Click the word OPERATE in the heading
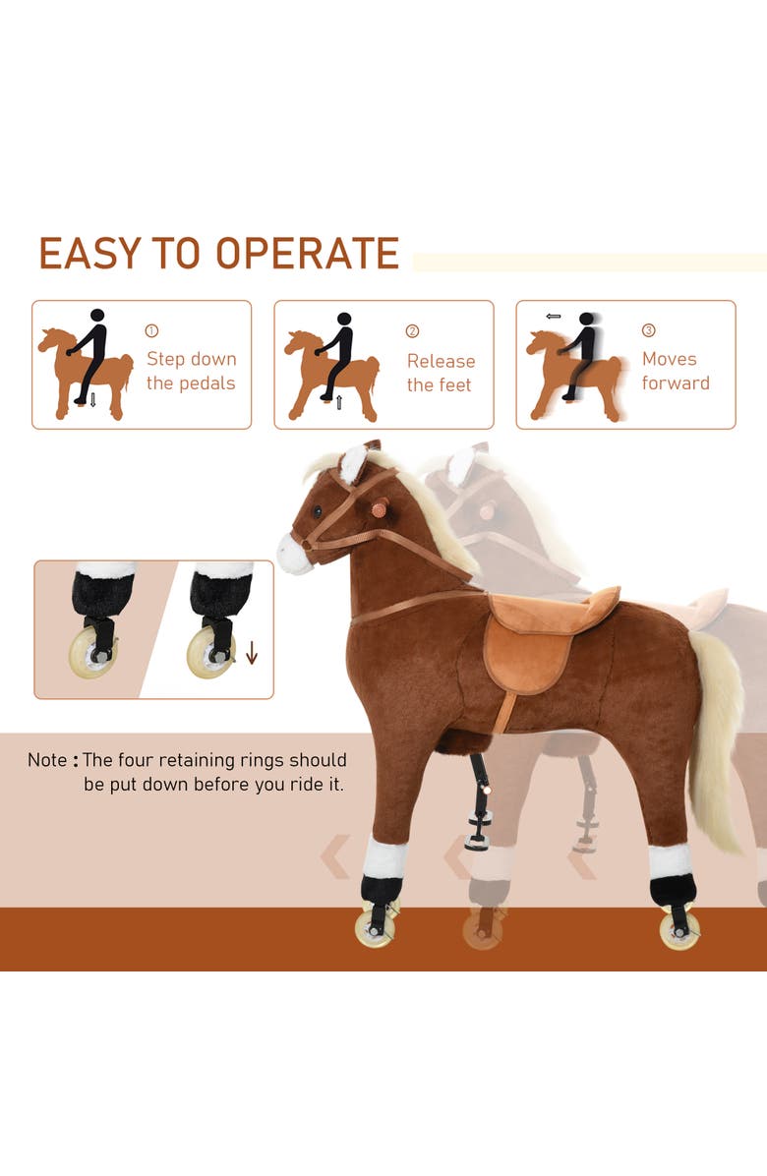pyautogui.click(x=308, y=254)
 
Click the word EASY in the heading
pyautogui.click(x=88, y=254)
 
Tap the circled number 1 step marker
pyautogui.click(x=151, y=331)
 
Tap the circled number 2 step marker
pyautogui.click(x=412, y=331)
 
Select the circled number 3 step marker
pyautogui.click(x=648, y=331)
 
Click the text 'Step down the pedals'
pyautogui.click(x=192, y=371)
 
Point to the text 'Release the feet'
pyautogui.click(x=441, y=373)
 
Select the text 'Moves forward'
pyautogui.click(x=676, y=371)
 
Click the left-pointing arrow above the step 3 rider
pyautogui.click(x=553, y=317)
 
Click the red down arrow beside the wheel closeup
pyautogui.click(x=252, y=652)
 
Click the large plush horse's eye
pyautogui.click(x=318, y=512)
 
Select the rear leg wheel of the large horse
pyautogui.click(x=679, y=928)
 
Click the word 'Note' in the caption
pyautogui.click(x=47, y=760)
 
